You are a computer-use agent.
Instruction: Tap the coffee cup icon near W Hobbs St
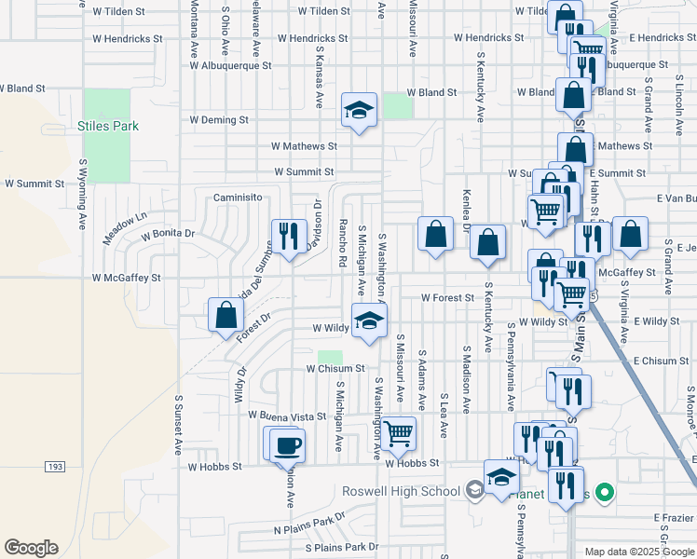(287, 443)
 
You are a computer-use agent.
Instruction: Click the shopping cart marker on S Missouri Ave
(399, 432)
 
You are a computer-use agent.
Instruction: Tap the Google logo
(31, 547)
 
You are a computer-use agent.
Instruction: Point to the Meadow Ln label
(125, 229)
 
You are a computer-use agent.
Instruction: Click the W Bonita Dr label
(168, 233)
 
